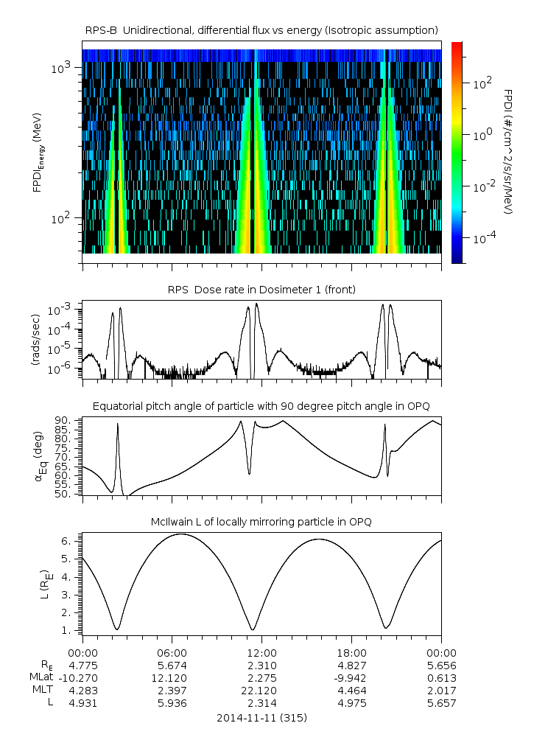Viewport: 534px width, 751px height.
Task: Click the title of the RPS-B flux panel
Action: point(261,29)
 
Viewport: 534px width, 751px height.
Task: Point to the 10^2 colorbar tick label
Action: point(482,85)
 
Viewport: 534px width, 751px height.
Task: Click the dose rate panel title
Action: point(261,290)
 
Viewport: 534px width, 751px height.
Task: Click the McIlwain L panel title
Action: point(261,522)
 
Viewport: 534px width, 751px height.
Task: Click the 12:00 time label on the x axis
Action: point(261,653)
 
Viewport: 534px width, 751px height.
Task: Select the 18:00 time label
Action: point(351,653)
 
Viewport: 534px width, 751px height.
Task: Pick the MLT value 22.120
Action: point(261,691)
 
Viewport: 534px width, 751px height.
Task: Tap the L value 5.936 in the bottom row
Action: point(172,703)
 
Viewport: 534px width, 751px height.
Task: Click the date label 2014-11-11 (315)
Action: point(261,717)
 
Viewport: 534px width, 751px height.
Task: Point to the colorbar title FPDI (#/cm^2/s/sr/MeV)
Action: point(508,151)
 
